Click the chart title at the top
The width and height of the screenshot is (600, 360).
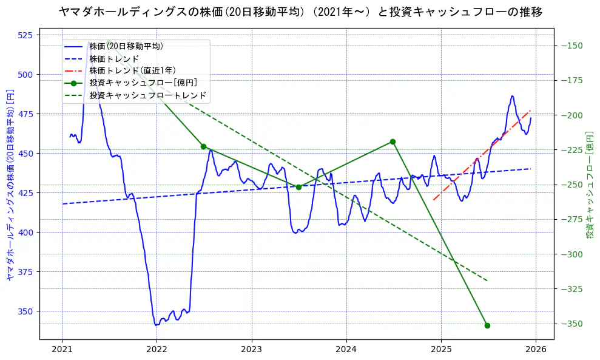300,12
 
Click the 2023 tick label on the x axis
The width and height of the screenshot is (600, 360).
251,350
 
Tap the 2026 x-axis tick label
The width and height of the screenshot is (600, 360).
535,350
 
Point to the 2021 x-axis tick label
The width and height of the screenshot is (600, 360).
62,350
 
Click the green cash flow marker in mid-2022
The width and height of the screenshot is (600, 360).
203,146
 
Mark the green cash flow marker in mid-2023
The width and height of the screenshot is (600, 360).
298,187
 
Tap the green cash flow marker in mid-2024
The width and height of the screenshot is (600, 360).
393,141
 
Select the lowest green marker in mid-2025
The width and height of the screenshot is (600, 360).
487,325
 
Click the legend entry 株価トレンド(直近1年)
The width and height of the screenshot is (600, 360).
132,70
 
